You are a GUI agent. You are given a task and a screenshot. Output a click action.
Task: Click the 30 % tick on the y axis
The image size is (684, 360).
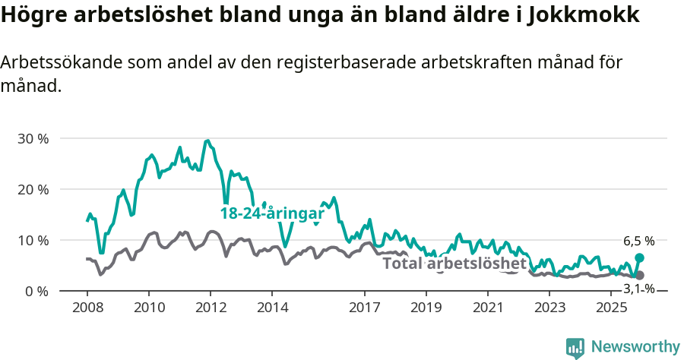33,139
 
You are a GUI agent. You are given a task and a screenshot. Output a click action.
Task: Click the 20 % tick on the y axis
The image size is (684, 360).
33,189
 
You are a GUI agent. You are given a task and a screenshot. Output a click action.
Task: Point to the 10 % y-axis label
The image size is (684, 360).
33,240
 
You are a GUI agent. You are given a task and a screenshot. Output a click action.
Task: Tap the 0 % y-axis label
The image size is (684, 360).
36,291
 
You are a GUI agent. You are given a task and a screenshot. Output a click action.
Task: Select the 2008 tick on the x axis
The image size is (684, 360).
87,308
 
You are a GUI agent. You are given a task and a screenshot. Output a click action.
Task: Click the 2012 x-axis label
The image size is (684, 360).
211,308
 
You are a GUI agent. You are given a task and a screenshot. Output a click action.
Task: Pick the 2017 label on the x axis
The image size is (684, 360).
364,308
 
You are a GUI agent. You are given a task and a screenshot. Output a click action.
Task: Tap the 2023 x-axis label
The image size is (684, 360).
549,308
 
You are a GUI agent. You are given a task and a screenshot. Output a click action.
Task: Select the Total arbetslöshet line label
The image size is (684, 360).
454,264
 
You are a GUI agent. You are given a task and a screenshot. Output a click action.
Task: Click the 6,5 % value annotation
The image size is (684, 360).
638,242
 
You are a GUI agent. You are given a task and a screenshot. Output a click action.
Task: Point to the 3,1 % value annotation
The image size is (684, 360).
638,289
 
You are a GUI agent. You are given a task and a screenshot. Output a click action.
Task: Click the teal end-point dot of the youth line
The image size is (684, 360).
639,258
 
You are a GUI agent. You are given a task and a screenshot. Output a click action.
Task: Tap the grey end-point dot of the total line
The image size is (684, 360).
639,275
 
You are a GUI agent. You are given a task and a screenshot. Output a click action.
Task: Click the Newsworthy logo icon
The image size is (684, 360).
575,348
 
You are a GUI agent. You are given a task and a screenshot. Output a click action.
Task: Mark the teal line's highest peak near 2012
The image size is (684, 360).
207,141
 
